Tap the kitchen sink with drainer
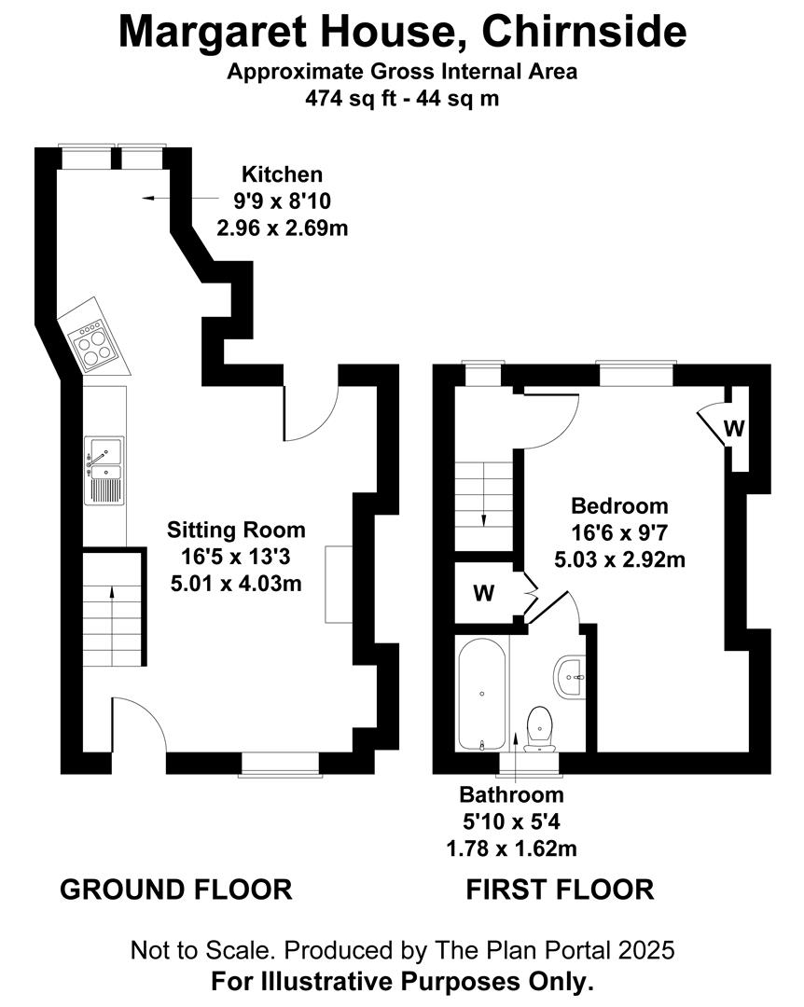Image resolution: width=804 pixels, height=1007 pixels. point(104,471)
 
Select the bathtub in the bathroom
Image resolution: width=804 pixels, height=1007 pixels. point(482,695)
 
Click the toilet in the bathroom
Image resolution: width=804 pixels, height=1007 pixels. point(540,729)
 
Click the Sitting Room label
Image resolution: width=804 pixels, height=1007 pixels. point(236,530)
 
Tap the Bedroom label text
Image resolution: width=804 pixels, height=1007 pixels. point(619,506)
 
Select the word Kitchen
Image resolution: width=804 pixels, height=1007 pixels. point(282,174)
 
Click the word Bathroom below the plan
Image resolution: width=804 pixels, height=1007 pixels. point(511,794)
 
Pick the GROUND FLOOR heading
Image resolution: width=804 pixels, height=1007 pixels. point(176,890)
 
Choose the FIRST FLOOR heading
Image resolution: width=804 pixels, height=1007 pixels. point(560,890)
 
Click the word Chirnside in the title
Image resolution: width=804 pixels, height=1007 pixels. point(584,31)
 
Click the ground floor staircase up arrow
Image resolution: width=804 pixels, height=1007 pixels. point(113,627)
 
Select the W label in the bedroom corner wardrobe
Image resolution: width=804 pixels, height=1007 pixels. point(734,428)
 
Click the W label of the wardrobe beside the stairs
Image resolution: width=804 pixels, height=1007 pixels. point(484,593)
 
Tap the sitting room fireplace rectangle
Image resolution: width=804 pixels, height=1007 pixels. point(339,585)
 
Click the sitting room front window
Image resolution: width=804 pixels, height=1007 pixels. point(280,765)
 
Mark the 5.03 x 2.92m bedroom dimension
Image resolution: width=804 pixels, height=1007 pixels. point(619,559)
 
